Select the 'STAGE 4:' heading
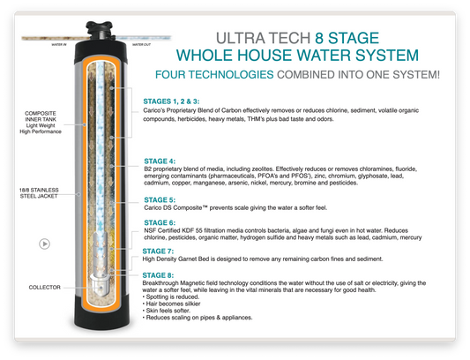point(160,161)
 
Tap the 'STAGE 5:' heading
point(160,200)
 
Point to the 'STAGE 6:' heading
point(160,222)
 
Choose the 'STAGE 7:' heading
point(160,251)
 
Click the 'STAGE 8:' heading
point(160,275)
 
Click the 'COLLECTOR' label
point(44,287)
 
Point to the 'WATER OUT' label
point(142,41)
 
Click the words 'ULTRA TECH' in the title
point(265,39)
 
